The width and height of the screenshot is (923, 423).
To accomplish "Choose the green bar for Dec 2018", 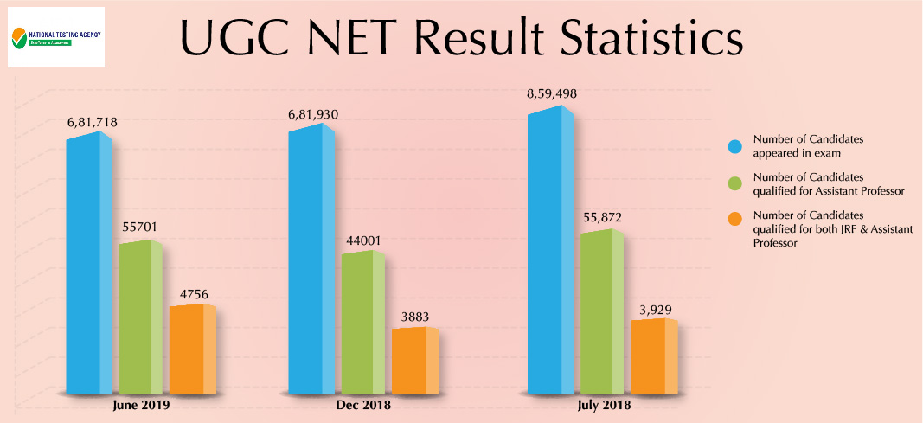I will tap(362, 324).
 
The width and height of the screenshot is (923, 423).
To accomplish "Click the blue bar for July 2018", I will tap(550, 251).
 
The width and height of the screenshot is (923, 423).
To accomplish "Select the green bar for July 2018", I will tap(602, 312).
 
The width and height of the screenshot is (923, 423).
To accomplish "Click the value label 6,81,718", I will tap(93, 123).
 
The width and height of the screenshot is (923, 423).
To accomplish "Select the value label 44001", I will tap(363, 240).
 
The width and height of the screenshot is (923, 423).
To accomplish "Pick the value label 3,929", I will tap(655, 309).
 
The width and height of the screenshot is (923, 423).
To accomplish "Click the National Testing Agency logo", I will tap(55, 37).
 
